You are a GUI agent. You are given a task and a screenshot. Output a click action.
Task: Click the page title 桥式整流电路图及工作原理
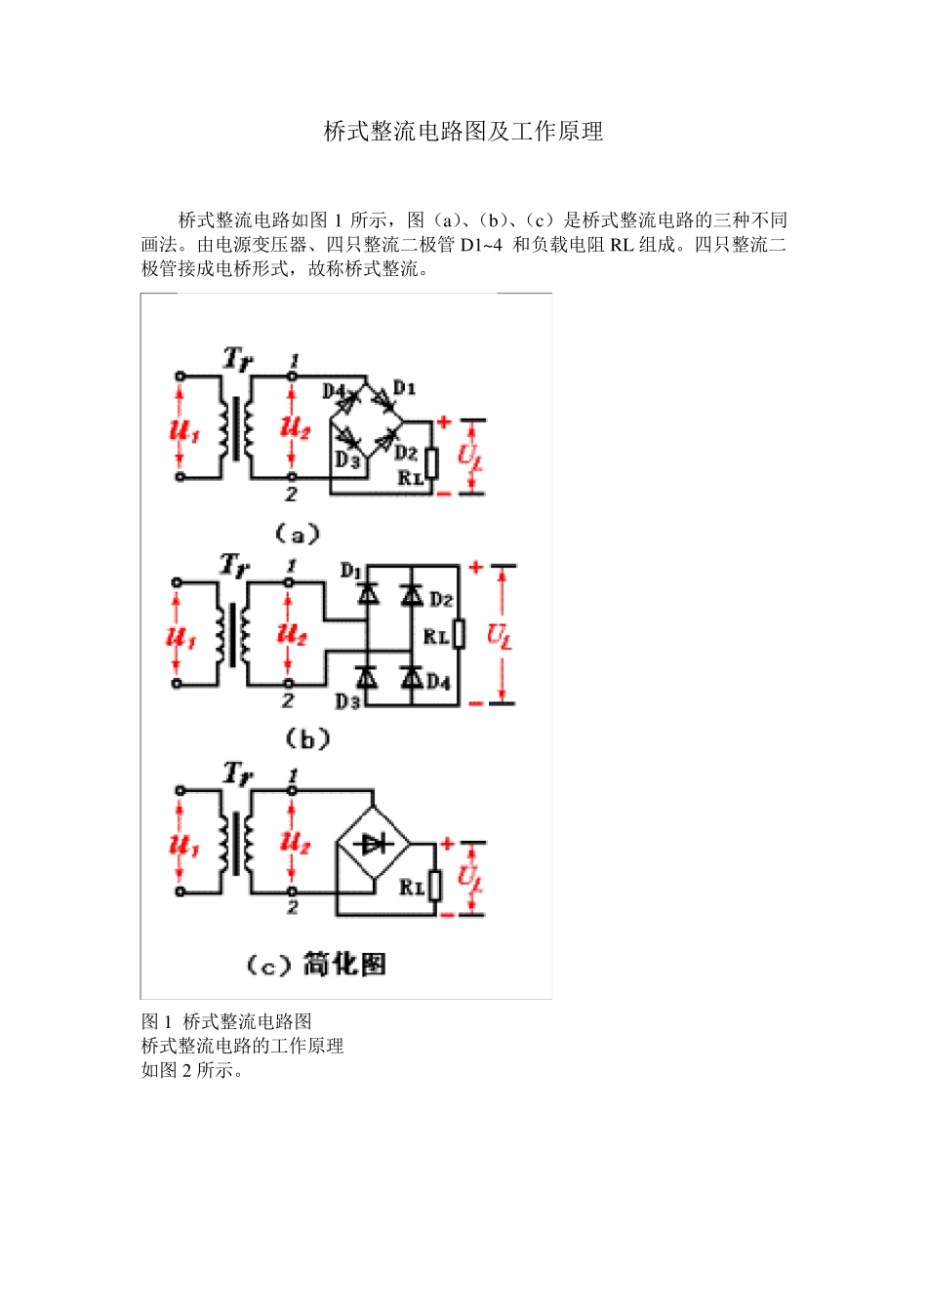463,132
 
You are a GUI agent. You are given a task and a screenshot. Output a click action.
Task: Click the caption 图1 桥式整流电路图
226,1021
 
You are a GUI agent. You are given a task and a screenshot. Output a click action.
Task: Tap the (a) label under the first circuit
297,534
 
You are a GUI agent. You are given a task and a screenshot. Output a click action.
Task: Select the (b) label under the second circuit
307,739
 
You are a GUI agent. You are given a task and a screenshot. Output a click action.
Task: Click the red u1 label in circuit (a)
183,428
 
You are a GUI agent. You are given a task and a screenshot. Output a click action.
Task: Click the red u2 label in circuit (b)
292,633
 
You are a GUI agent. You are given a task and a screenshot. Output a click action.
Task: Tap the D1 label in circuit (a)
404,388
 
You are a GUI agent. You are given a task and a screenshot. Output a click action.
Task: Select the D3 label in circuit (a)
347,459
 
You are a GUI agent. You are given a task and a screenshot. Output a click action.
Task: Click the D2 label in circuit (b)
441,599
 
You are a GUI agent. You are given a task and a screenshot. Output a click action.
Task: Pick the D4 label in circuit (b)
438,681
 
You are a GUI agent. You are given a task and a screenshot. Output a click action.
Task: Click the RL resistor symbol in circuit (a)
431,462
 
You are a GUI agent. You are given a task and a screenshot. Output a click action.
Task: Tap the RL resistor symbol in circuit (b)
459,635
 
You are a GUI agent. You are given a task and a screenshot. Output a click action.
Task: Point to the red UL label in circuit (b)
499,636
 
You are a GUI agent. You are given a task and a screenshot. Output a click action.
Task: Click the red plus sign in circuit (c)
447,844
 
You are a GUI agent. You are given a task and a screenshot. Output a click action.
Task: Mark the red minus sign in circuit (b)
475,702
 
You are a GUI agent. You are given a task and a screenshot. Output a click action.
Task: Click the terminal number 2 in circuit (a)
291,495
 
